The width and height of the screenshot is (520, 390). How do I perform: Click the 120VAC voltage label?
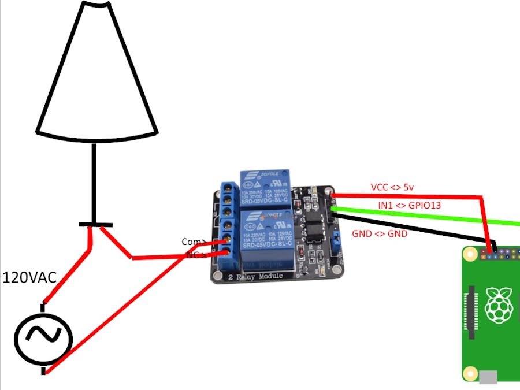pos(29,278)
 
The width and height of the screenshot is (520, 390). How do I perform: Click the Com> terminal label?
pos(194,242)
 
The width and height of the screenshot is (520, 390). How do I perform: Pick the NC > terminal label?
pos(195,255)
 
